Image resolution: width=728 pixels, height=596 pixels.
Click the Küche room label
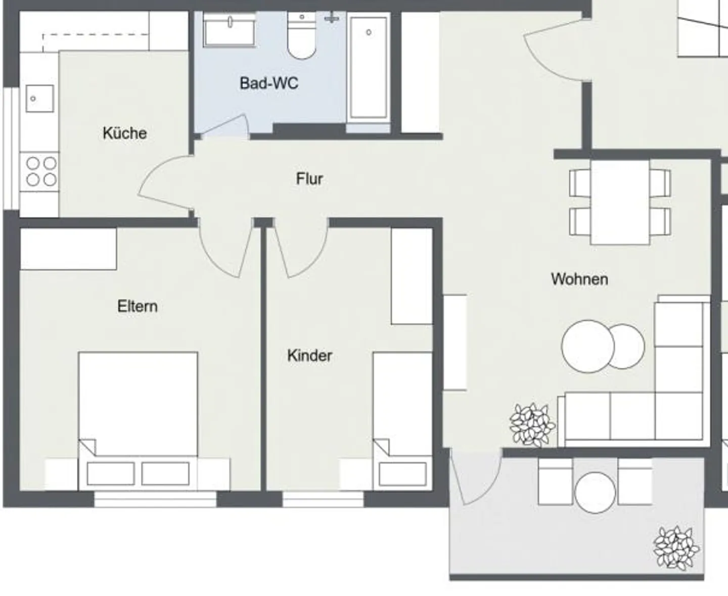coord(124,133)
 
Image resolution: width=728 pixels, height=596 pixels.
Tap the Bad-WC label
coord(269,83)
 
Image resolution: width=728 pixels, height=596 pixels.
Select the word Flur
coord(309,179)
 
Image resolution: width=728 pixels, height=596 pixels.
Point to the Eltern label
coord(137,306)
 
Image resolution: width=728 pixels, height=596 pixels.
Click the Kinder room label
coord(309,355)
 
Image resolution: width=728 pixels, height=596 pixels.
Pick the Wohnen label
coord(579,279)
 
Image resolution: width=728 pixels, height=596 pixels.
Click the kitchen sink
coord(39,98)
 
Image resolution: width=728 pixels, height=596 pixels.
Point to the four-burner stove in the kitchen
coord(41,172)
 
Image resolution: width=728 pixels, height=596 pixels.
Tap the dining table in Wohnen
coord(620,202)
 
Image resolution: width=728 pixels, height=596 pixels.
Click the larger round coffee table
coord(587,347)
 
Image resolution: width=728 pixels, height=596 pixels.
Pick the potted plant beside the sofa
coord(532,425)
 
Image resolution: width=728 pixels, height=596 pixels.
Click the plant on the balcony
coord(676,548)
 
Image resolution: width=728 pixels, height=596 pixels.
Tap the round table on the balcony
coord(595,492)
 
